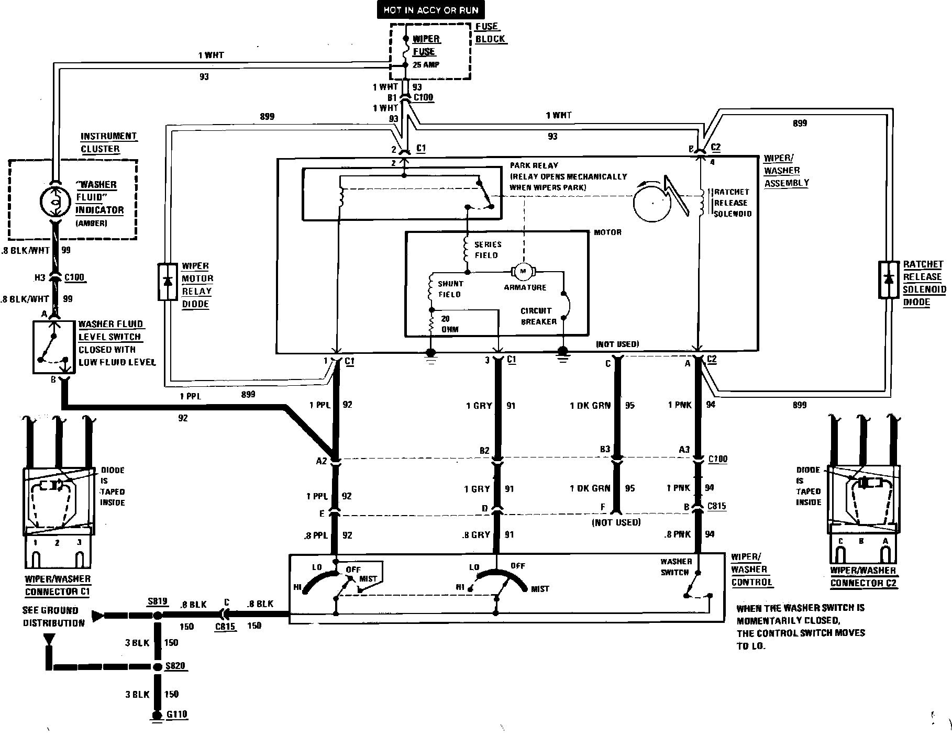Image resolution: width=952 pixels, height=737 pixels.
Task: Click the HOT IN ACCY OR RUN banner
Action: [x=430, y=10]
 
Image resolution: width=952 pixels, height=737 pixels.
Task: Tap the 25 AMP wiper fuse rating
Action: [x=426, y=65]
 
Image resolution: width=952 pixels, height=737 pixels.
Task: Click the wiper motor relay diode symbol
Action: [x=168, y=282]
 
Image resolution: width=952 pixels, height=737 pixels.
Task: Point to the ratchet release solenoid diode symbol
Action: [x=888, y=280]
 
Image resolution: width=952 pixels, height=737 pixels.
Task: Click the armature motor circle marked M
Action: [x=522, y=271]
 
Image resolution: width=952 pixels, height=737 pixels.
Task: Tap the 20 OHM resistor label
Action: [x=450, y=324]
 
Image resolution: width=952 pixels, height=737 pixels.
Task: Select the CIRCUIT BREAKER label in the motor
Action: [x=538, y=316]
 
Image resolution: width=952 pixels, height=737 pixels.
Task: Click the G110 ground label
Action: [x=176, y=714]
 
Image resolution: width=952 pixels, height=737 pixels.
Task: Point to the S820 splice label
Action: [x=174, y=666]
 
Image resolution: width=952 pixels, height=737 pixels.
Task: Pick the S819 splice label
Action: [x=157, y=601]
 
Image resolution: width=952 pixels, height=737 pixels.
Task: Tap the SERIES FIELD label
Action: [x=488, y=250]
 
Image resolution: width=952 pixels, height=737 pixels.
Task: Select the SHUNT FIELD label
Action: [x=450, y=289]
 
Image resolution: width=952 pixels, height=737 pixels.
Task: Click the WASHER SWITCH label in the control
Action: [x=676, y=567]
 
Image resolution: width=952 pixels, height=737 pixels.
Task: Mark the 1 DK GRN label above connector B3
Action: [x=590, y=405]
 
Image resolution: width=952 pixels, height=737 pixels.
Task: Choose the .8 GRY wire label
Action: [x=477, y=535]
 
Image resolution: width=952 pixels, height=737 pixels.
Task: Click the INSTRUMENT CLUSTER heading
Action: [x=108, y=142]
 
